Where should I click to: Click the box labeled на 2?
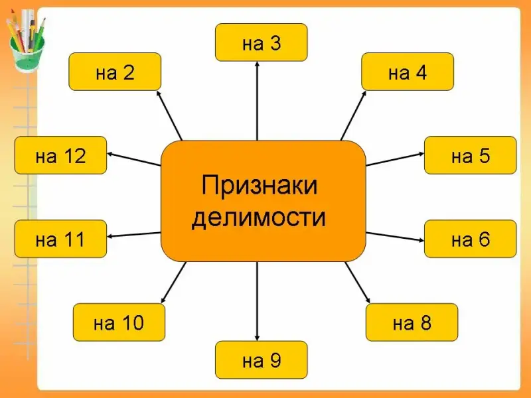[x=115, y=72]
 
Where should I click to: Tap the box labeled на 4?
[x=407, y=72]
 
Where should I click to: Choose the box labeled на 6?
[x=470, y=239]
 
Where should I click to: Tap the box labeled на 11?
[x=60, y=239]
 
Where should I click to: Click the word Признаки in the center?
[x=260, y=185]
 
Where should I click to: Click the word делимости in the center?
[x=260, y=217]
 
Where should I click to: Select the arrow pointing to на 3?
[x=257, y=99]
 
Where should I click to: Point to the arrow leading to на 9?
[x=258, y=302]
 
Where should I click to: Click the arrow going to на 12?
[x=135, y=159]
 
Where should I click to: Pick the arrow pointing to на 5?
[x=395, y=159]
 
